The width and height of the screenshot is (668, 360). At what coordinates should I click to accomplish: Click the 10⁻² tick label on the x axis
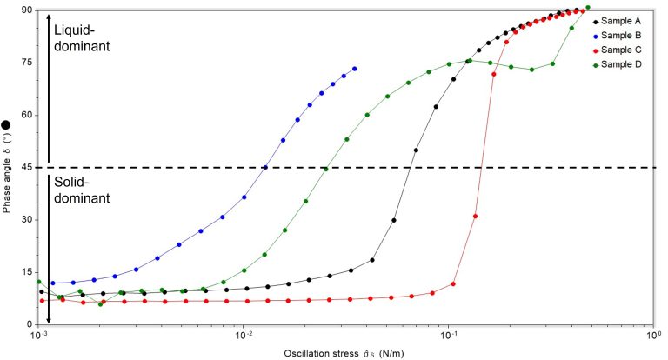tap(244, 336)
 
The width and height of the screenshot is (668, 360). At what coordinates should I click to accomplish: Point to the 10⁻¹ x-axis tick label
tap(449, 336)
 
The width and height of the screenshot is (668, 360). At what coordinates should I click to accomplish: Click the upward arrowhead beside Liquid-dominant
tap(49, 17)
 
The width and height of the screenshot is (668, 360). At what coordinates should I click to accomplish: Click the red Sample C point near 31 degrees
tap(475, 216)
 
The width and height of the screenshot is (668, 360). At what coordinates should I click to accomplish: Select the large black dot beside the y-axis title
tap(7, 125)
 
